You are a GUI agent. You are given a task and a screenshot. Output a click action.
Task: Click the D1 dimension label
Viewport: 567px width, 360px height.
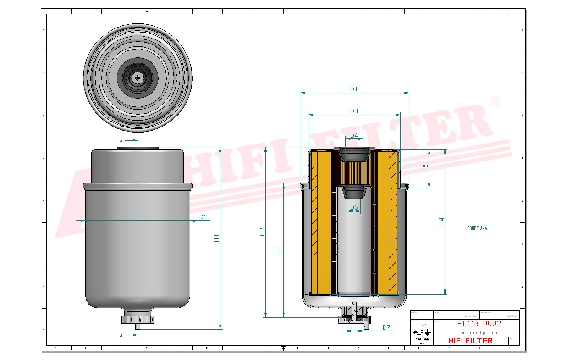[x=353, y=89]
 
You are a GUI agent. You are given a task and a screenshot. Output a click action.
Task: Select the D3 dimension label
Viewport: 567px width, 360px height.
[x=354, y=111]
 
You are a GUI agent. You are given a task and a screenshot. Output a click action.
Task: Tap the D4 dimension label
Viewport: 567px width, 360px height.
[x=354, y=135]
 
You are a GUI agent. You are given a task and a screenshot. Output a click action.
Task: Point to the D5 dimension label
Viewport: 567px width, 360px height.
[x=354, y=208]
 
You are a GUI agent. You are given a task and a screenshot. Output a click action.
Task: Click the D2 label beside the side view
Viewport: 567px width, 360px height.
[x=204, y=217]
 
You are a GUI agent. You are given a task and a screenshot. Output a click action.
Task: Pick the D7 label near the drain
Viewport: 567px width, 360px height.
[x=386, y=327]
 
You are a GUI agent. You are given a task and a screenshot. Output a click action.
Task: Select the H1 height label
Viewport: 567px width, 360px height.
[x=217, y=238]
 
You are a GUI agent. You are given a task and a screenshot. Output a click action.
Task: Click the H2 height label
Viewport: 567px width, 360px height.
[x=262, y=232]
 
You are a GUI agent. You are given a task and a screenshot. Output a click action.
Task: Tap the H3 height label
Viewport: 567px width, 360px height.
[x=280, y=250]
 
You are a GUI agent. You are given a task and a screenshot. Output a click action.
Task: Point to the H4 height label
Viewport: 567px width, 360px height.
[x=441, y=222]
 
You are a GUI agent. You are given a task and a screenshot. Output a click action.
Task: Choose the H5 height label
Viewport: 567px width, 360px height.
[x=425, y=168]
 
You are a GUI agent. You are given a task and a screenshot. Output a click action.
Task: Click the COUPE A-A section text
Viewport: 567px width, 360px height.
[x=477, y=228]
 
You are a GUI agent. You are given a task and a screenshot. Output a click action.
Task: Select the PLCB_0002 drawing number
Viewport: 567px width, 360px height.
[x=479, y=323]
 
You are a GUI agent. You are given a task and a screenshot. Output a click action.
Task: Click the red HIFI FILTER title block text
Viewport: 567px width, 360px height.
[x=470, y=341]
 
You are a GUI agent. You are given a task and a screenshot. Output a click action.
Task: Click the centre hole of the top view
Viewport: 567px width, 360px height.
[x=138, y=78]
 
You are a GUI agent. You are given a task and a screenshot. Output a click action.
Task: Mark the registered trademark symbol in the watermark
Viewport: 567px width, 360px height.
[x=495, y=101]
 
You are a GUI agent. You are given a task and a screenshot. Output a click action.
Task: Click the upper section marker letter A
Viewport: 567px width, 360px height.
[x=121, y=140]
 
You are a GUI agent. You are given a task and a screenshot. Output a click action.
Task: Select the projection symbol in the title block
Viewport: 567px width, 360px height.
[x=421, y=332]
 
